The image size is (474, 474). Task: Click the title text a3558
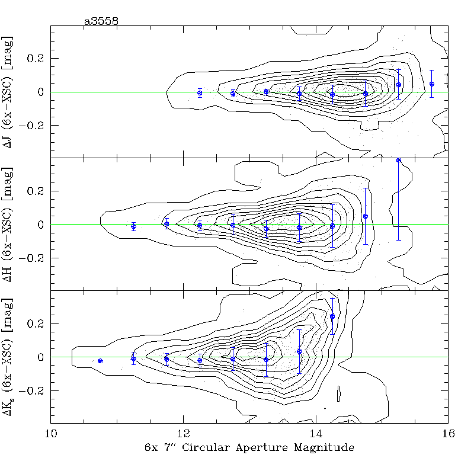pyautogui.click(x=101, y=21)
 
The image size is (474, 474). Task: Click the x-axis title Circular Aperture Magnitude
pyautogui.click(x=249, y=447)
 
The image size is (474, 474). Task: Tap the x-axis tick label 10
pyautogui.click(x=51, y=433)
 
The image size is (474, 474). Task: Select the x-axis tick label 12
pyautogui.click(x=184, y=433)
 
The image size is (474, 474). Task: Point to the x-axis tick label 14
pyautogui.click(x=316, y=433)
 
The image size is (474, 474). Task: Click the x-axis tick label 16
pyautogui.click(x=448, y=433)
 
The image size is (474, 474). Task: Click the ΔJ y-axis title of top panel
pyautogui.click(x=9, y=92)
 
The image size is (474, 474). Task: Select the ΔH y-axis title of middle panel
pyautogui.click(x=9, y=225)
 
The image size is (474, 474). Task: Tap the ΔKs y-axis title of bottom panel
pyautogui.click(x=9, y=357)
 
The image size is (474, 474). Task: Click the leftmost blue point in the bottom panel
pyautogui.click(x=100, y=361)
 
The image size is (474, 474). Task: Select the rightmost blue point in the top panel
pyautogui.click(x=432, y=84)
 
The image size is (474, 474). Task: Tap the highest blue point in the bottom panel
pyautogui.click(x=332, y=316)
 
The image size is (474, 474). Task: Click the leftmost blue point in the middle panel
pyautogui.click(x=133, y=227)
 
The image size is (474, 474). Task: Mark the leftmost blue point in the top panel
pyautogui.click(x=200, y=93)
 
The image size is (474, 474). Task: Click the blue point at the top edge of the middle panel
pyautogui.click(x=399, y=160)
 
